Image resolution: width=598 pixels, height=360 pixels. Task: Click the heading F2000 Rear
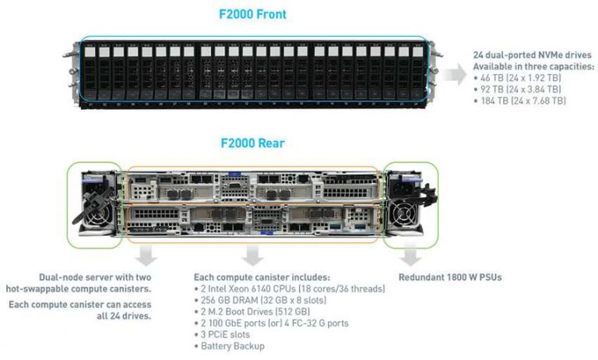click(252, 143)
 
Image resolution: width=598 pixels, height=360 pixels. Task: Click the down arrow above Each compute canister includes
click(251, 255)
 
